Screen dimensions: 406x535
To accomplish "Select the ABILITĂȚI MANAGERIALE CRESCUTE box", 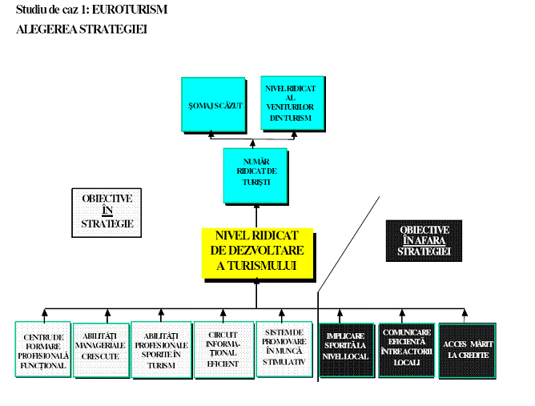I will [x=100, y=349].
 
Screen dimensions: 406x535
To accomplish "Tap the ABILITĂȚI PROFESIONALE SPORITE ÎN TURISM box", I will [x=161, y=349].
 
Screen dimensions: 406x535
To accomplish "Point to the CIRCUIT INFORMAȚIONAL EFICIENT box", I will [x=223, y=349].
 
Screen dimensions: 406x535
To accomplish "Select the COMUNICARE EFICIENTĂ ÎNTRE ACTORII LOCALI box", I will [x=407, y=349].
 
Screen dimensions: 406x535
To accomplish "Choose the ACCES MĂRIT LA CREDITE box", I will [x=467, y=349].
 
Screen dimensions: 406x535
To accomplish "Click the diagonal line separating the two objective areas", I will [x=349, y=240].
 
